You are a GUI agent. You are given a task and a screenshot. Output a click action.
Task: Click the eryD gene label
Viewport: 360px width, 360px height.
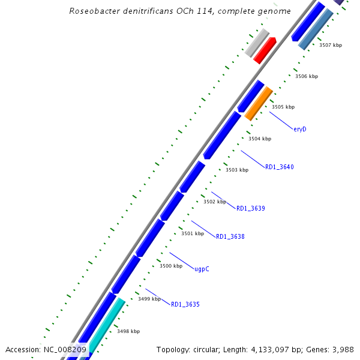[300, 128]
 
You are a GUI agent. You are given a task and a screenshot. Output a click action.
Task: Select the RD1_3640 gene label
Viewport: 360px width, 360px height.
[280, 167]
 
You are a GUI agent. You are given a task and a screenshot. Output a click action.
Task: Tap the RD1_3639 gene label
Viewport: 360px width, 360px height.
[251, 208]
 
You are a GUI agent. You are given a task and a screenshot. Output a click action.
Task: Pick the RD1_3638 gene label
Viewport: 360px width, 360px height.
[230, 236]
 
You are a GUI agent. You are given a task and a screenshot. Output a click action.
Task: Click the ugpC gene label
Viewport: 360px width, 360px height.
[202, 269]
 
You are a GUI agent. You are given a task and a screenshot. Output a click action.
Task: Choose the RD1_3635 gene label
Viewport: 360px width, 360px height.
[185, 305]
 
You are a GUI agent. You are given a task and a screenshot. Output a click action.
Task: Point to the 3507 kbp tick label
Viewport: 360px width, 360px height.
[331, 45]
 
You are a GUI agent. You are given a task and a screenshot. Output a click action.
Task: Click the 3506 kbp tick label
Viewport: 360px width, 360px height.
[307, 76]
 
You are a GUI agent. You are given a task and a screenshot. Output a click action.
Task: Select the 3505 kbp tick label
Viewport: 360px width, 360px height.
[283, 107]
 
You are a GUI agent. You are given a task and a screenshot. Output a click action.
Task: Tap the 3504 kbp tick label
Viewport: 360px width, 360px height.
[260, 139]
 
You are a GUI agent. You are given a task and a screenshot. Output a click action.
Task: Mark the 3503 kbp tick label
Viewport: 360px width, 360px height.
[237, 170]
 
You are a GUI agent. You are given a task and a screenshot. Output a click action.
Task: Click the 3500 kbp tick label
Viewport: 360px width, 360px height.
[170, 266]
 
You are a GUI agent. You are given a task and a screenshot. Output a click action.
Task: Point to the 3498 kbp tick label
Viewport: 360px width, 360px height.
[128, 331]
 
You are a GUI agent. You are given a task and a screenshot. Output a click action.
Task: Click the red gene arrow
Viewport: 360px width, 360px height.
[265, 50]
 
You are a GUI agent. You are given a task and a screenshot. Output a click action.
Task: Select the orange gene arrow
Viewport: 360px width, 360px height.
[259, 103]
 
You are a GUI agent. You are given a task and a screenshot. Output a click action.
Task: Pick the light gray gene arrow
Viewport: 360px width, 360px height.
[257, 43]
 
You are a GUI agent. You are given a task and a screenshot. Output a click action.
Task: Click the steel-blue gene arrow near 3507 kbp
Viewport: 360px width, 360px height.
[316, 29]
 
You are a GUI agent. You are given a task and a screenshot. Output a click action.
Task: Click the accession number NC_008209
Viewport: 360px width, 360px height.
[65, 349]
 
